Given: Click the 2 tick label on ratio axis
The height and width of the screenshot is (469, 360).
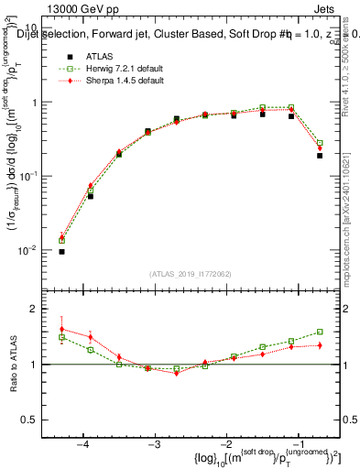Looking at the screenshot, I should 42,310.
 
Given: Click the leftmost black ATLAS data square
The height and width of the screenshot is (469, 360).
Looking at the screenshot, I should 61,251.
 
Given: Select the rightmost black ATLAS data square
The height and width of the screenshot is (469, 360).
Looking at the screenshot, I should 320,156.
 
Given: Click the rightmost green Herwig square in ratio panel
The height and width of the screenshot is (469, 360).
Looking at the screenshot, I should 320,332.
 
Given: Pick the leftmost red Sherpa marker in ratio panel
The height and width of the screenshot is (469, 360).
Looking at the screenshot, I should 61,329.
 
